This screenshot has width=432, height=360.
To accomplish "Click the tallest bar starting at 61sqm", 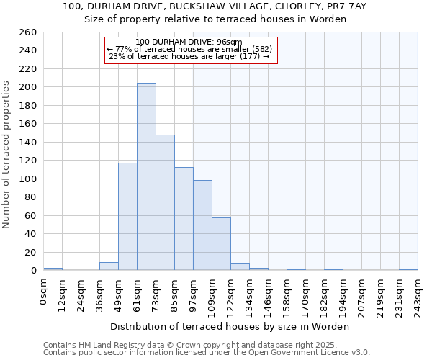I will (x=146, y=177).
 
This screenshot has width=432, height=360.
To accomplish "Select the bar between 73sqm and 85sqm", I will (x=165, y=202).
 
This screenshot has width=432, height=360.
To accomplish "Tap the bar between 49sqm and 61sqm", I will (x=127, y=216).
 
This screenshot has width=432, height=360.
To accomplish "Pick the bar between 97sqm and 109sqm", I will (x=202, y=225).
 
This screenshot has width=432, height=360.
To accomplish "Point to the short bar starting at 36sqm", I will (x=109, y=266).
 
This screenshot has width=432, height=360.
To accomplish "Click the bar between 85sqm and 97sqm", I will (x=184, y=219).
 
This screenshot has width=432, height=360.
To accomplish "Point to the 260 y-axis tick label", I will (x=28, y=32).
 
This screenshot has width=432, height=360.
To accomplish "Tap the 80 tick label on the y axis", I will (x=30, y=197).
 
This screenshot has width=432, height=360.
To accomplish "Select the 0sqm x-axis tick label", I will (x=44, y=292).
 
